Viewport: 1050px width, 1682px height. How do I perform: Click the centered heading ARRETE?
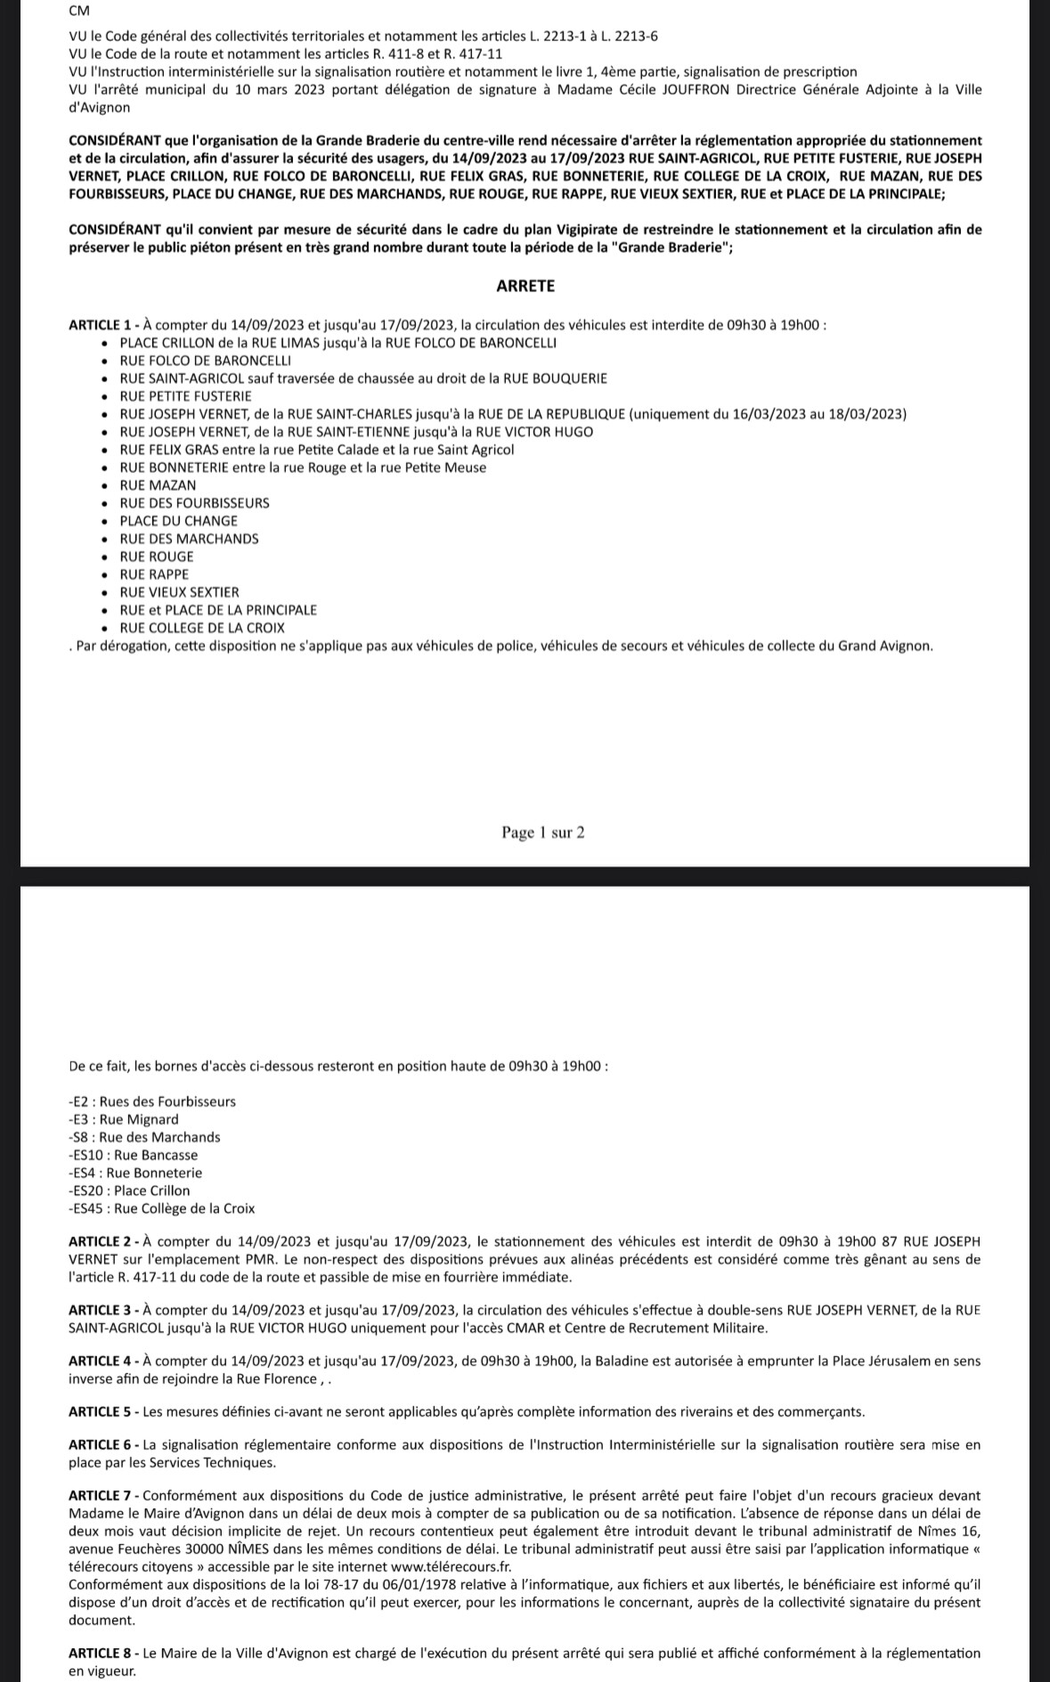[x=525, y=286]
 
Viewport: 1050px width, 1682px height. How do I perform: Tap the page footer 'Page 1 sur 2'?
[x=542, y=833]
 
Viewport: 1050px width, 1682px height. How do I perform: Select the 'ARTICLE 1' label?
[x=100, y=325]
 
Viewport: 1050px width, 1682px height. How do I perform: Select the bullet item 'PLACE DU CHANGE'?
[x=178, y=521]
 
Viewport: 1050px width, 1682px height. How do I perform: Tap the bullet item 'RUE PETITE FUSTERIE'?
[x=185, y=396]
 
